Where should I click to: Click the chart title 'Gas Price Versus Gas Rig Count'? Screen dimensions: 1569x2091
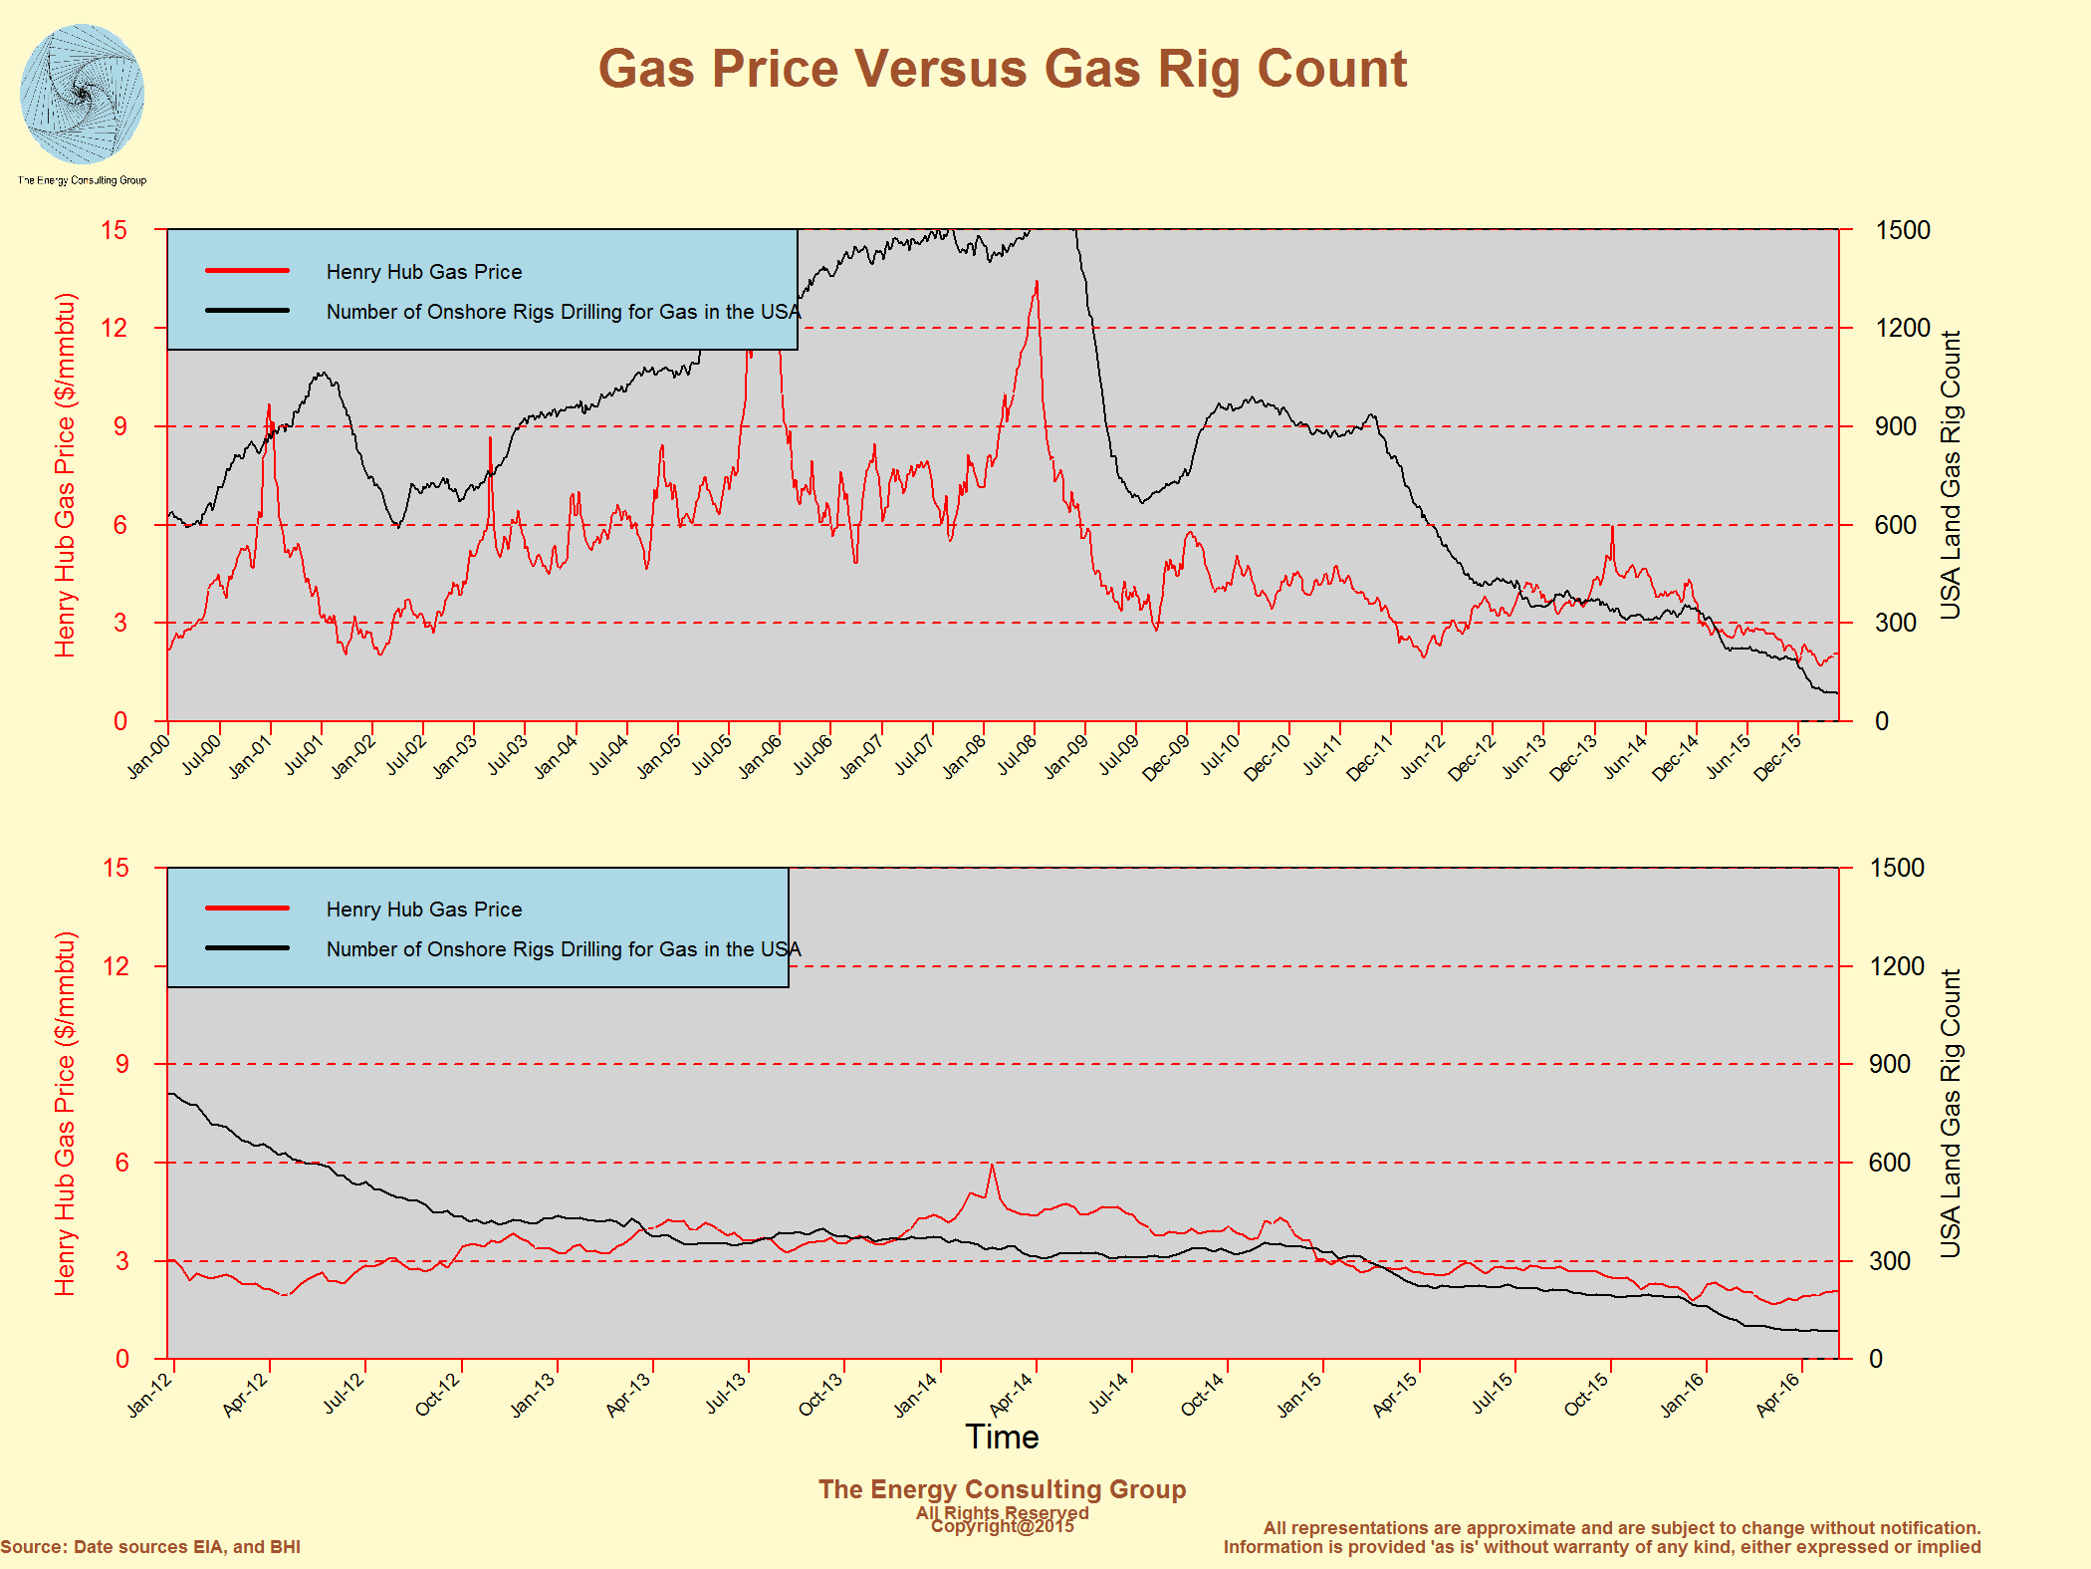pyautogui.click(x=1002, y=70)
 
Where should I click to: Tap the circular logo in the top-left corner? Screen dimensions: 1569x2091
pyautogui.click(x=82, y=95)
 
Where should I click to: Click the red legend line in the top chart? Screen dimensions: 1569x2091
pyautogui.click(x=247, y=271)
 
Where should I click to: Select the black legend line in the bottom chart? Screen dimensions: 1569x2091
pyautogui.click(x=247, y=948)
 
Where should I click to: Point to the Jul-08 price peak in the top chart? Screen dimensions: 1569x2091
pyautogui.click(x=1037, y=283)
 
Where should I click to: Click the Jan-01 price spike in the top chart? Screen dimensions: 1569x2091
pyautogui.click(x=269, y=406)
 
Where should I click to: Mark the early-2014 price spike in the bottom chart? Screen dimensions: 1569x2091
pyautogui.click(x=992, y=1166)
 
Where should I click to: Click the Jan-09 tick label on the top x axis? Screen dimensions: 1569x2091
pyautogui.click(x=1065, y=757)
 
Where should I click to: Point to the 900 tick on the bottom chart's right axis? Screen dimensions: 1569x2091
pyautogui.click(x=1889, y=1064)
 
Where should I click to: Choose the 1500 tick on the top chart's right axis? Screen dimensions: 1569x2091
pyautogui.click(x=1902, y=230)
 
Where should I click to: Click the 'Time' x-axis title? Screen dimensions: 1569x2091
pyautogui.click(x=1002, y=1437)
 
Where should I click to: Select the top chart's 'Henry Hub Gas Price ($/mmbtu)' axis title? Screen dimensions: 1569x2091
pyautogui.click(x=65, y=475)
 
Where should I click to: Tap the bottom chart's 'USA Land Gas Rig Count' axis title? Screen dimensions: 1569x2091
pyautogui.click(x=1950, y=1113)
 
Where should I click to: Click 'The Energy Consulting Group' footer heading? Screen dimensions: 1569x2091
pyautogui.click(x=1002, y=1489)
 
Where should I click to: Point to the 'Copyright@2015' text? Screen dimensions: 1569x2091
pyautogui.click(x=1002, y=1526)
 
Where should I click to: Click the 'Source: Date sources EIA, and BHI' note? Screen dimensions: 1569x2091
pyautogui.click(x=150, y=1547)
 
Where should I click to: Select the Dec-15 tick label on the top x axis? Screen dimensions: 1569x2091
pyautogui.click(x=1777, y=757)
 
